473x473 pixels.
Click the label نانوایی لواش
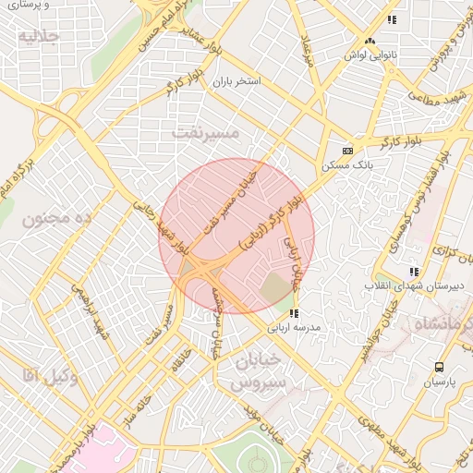pyautogui.click(x=370, y=55)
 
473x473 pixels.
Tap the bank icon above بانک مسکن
pyautogui.click(x=347, y=151)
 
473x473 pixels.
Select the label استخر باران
pyautogui.click(x=236, y=82)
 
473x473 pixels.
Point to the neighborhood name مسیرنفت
pyautogui.click(x=205, y=133)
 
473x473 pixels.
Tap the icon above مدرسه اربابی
pyautogui.click(x=294, y=314)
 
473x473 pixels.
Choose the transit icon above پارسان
pyautogui.click(x=438, y=367)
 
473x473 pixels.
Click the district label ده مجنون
pyautogui.click(x=60, y=219)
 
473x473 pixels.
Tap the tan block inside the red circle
pyautogui.click(x=275, y=289)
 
